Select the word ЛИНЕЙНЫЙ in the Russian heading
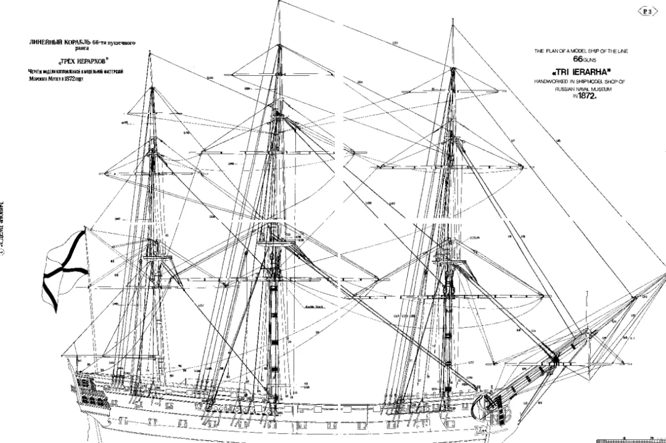[x=39, y=42]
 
